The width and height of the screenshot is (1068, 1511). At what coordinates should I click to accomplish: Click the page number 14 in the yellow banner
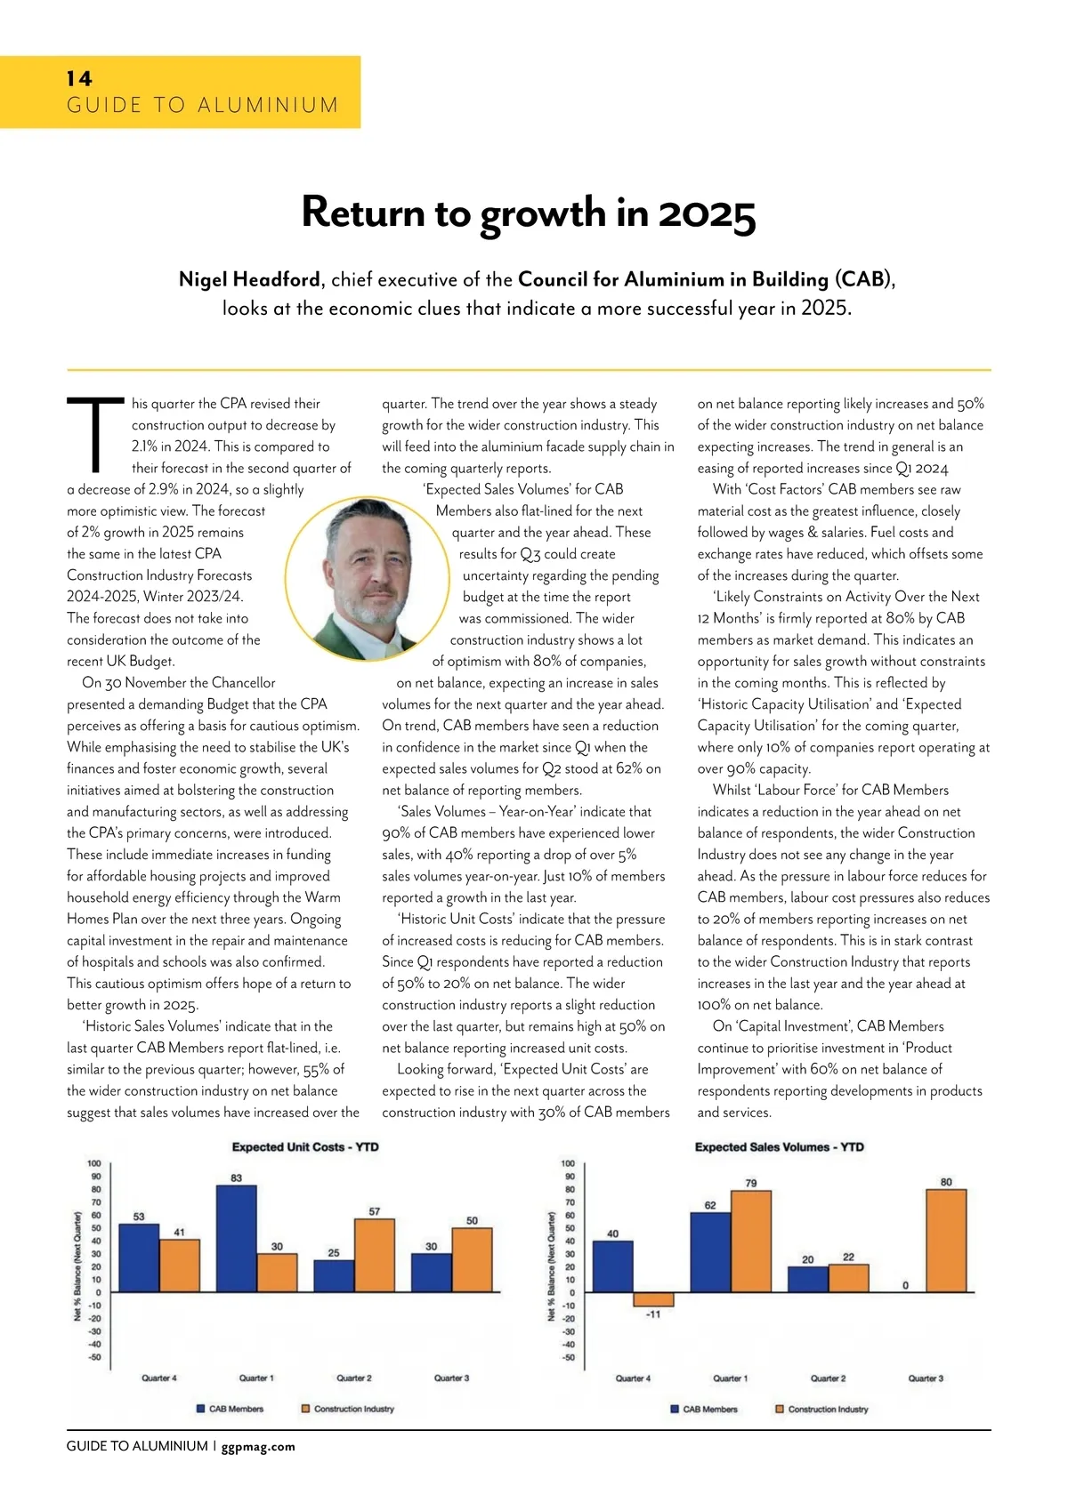(x=79, y=78)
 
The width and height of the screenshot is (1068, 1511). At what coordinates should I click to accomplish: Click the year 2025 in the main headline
(x=707, y=213)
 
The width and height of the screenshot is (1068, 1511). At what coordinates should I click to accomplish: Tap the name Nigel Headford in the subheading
(x=250, y=279)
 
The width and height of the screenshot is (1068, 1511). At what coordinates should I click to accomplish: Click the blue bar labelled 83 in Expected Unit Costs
(x=237, y=1238)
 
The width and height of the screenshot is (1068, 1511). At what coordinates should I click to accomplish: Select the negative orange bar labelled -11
(x=653, y=1299)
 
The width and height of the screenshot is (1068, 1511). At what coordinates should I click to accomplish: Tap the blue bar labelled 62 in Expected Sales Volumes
(x=710, y=1252)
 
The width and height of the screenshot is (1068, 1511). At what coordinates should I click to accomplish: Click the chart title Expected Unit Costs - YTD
(x=305, y=1147)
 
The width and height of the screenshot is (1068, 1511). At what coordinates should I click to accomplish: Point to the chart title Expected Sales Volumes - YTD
(x=779, y=1147)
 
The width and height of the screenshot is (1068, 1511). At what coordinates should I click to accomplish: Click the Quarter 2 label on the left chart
(x=354, y=1378)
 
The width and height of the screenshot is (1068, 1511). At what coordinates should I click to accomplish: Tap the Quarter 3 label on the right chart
(x=926, y=1378)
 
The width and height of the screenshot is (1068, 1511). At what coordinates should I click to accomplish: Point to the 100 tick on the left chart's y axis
(x=93, y=1163)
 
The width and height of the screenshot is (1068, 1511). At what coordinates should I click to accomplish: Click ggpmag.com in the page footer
(x=258, y=1447)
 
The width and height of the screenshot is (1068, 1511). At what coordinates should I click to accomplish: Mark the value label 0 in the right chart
(x=905, y=1285)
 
